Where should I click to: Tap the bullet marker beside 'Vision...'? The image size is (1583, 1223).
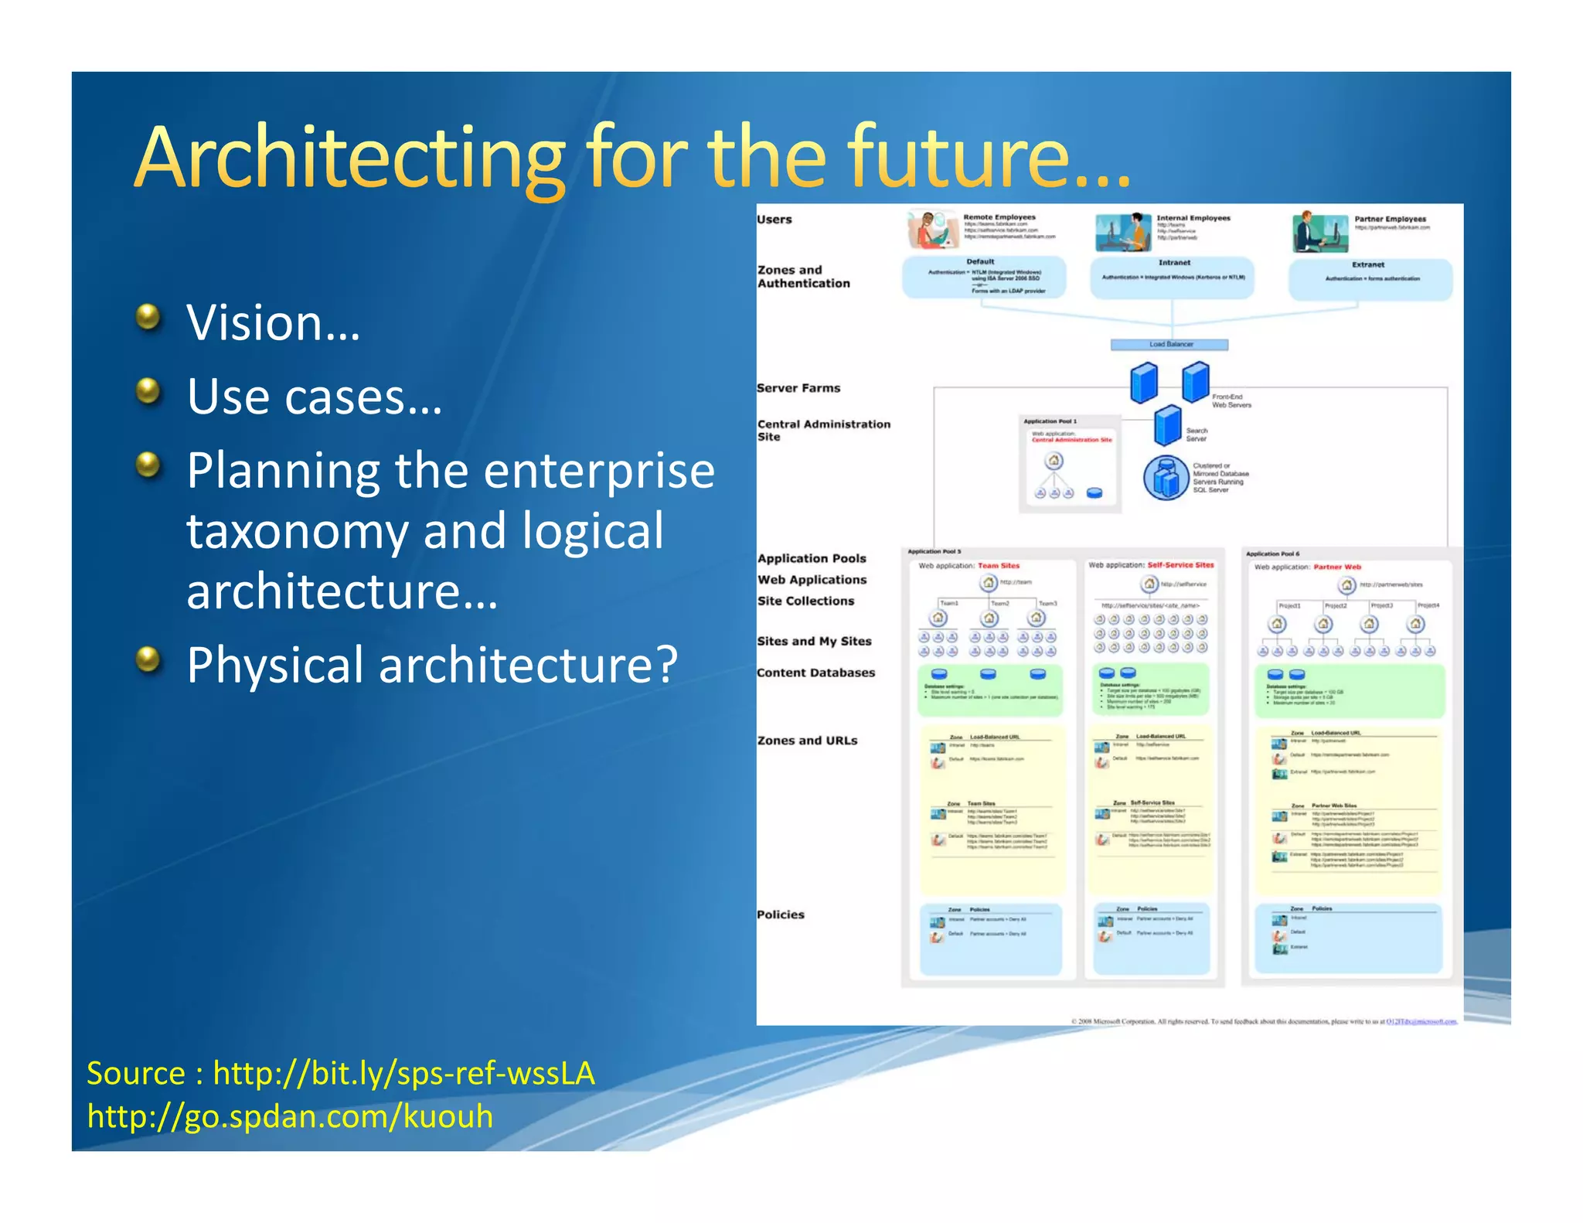(148, 317)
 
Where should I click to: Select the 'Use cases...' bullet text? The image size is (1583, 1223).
(315, 397)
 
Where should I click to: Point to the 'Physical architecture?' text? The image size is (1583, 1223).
(432, 665)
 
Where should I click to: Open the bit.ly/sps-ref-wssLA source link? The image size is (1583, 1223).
(403, 1074)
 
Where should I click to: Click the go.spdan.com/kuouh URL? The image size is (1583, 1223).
(290, 1116)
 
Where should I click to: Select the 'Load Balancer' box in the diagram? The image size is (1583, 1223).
(1169, 345)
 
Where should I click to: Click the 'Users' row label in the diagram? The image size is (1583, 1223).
(774, 220)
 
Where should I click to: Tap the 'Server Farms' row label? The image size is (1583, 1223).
(798, 388)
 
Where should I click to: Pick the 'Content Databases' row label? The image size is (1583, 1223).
(816, 673)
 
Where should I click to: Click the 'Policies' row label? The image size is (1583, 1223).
(781, 915)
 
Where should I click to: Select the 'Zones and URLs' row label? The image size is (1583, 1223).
(808, 741)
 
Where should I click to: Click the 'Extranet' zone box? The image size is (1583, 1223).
(1370, 279)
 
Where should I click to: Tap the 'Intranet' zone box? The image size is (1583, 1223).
(1173, 278)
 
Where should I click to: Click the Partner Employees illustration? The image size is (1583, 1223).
(1319, 233)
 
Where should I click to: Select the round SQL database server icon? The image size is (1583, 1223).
(1166, 478)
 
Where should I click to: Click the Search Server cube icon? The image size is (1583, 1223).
(1168, 425)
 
